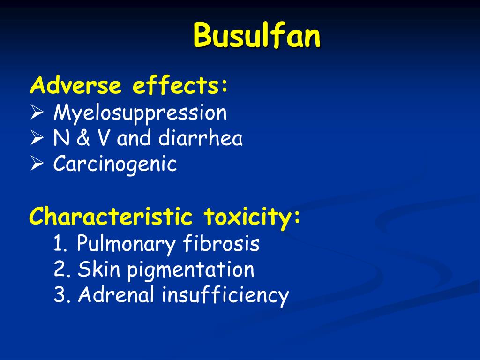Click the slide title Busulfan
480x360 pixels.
point(257,36)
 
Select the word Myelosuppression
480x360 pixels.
point(140,113)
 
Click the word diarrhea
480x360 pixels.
point(200,139)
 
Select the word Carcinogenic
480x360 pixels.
point(115,165)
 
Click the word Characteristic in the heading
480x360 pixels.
point(111,217)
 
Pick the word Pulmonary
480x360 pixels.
point(126,244)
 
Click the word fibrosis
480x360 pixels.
point(222,244)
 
